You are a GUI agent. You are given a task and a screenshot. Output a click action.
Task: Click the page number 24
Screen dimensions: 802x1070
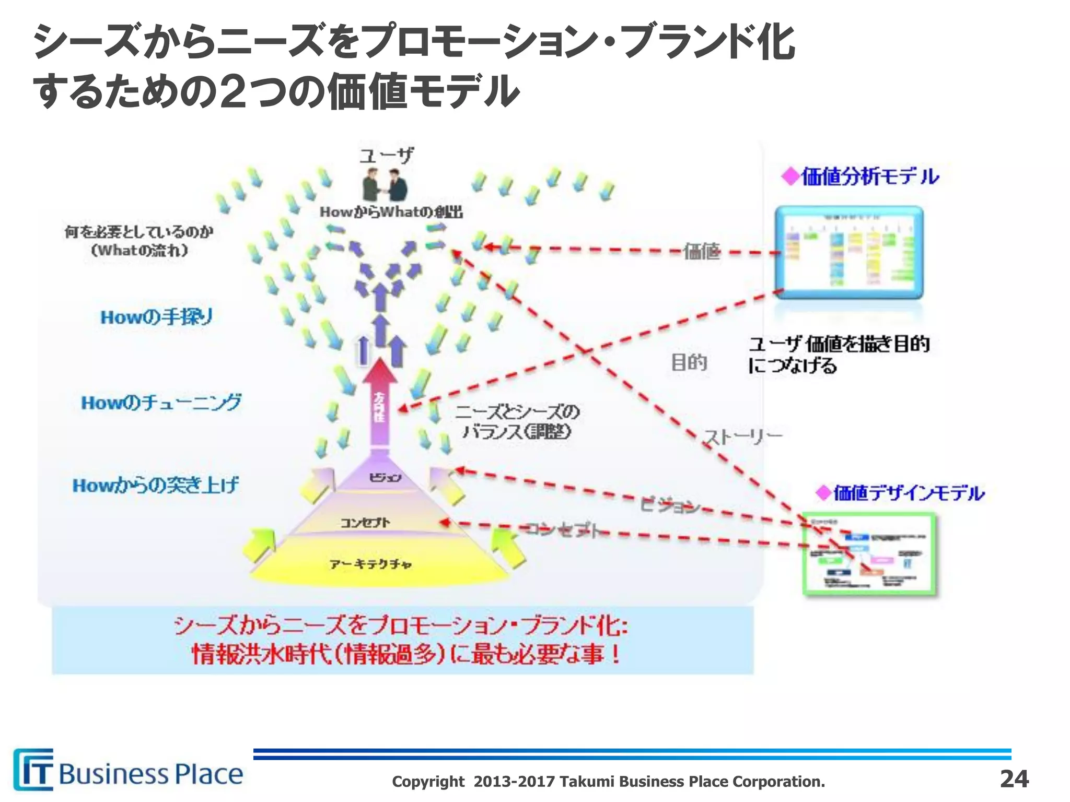[1014, 779]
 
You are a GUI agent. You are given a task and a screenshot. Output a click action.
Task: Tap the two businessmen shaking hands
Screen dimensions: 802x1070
[385, 187]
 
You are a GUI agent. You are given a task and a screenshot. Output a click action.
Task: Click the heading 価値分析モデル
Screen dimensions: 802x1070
[869, 177]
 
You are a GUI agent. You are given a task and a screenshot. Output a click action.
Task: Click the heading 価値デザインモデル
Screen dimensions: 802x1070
[908, 492]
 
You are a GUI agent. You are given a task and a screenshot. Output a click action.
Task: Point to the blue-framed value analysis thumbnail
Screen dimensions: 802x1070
[848, 252]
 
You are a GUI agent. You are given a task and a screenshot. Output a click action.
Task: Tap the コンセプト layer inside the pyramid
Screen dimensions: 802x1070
[365, 523]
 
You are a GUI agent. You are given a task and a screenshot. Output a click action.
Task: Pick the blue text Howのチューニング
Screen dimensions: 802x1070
[161, 403]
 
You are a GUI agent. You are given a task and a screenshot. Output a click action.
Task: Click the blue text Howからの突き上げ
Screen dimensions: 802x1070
[155, 486]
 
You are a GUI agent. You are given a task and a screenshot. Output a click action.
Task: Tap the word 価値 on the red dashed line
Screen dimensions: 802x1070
[702, 252]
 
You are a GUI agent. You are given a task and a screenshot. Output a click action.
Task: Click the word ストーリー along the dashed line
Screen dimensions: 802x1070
[742, 436]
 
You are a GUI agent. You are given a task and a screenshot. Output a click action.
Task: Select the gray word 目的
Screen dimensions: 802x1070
[689, 362]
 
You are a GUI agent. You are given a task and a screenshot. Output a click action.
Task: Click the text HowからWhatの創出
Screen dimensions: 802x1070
[391, 212]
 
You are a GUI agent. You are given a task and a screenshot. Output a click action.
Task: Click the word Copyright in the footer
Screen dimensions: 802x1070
[428, 782]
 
